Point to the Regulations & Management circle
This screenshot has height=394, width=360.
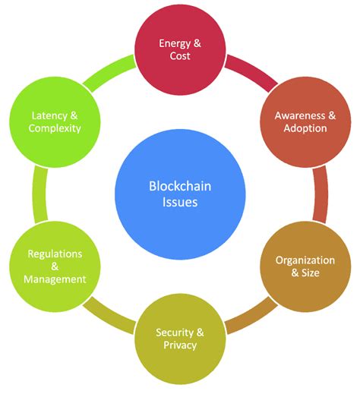54,266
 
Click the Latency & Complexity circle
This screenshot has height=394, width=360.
55,121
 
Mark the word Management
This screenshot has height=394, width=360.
54,279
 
